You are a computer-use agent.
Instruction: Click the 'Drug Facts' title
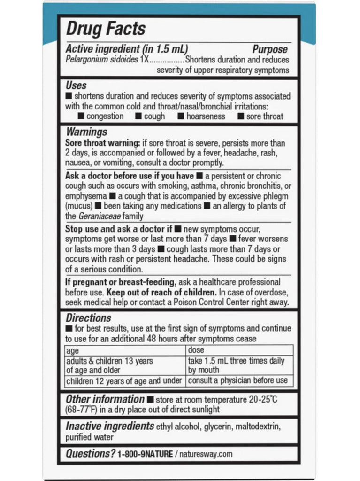106,29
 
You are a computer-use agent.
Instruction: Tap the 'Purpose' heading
270,49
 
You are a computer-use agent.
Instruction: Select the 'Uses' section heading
76,85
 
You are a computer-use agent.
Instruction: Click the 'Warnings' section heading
87,132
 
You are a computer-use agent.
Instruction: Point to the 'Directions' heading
88,318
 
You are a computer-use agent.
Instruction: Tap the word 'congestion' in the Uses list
106,116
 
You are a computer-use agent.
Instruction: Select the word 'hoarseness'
206,116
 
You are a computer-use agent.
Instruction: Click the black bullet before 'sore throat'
241,116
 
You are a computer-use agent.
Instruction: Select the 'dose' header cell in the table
196,350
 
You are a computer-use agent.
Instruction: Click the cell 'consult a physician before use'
237,380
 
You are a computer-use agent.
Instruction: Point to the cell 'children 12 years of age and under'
125,380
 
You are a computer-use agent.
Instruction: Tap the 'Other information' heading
105,399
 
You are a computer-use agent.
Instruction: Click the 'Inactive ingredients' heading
110,426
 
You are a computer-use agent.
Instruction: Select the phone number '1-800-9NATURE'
146,454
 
